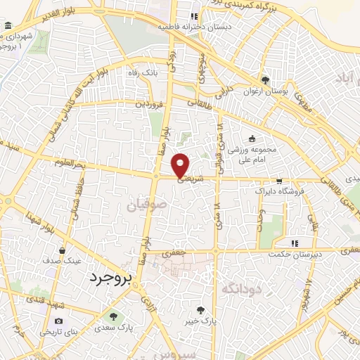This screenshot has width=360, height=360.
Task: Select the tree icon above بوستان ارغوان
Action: click(265, 80)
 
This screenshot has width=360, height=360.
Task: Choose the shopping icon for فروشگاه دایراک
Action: click(280, 181)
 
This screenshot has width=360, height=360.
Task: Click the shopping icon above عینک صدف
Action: click(63, 250)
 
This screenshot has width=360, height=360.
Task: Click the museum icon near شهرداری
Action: click(8, 26)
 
